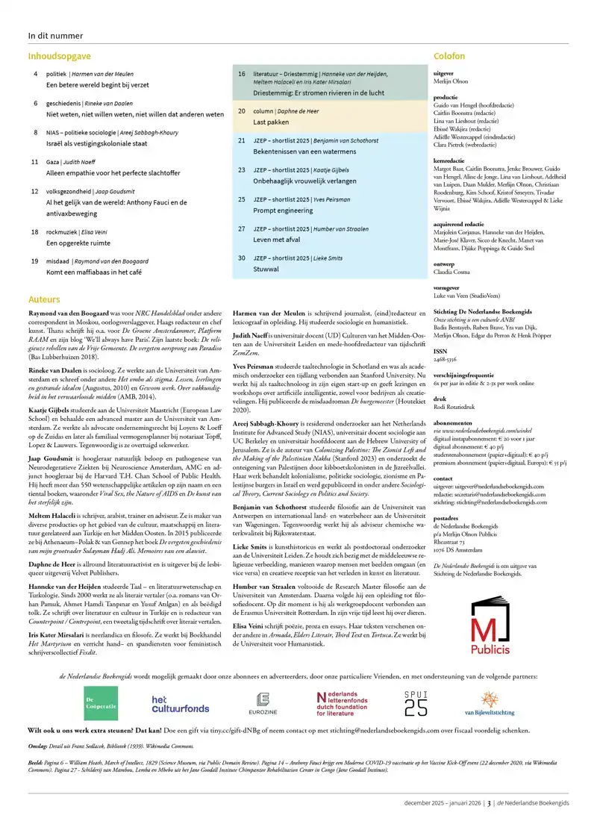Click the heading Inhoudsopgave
60,56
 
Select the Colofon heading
449,56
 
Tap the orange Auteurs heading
45,299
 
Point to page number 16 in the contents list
242,74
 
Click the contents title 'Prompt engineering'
284,210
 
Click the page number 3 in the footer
490,817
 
